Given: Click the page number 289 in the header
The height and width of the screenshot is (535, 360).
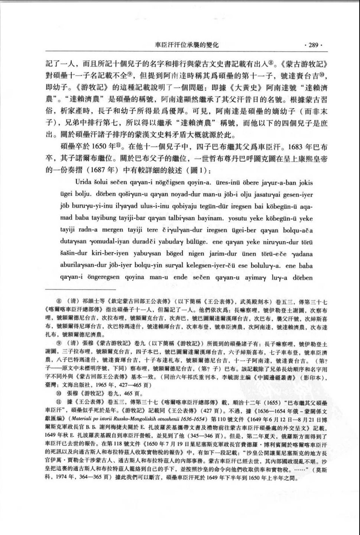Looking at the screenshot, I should point(314,45).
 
